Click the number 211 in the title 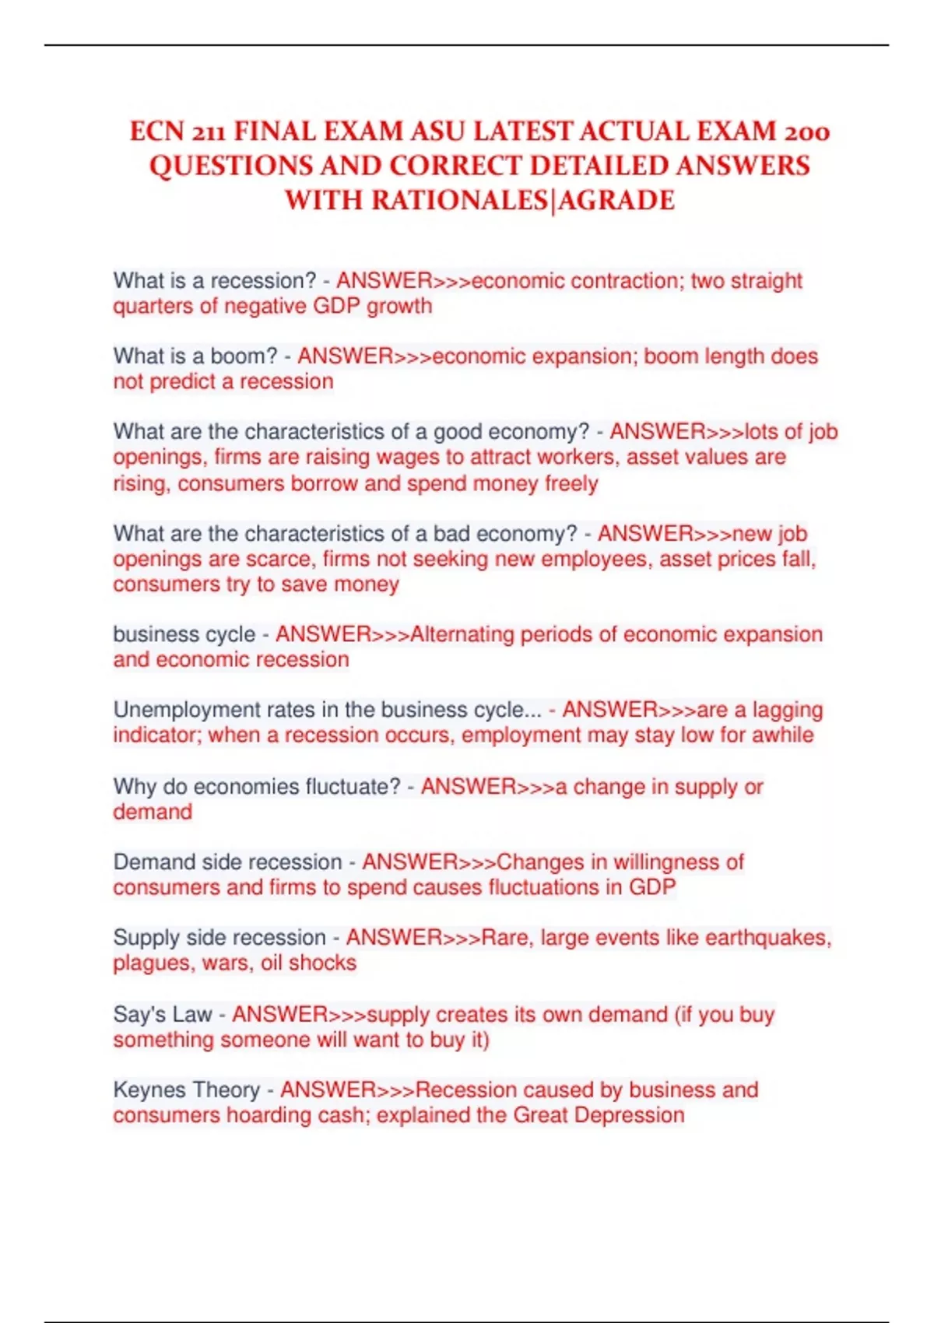click(x=197, y=132)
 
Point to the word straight click(x=767, y=280)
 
